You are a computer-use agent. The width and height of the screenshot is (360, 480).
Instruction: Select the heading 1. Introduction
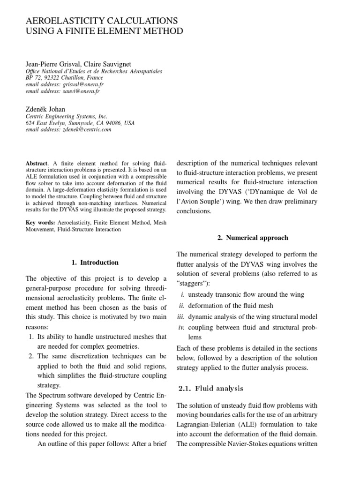tap(95, 262)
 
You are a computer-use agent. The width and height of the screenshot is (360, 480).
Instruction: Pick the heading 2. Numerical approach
tap(252, 238)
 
